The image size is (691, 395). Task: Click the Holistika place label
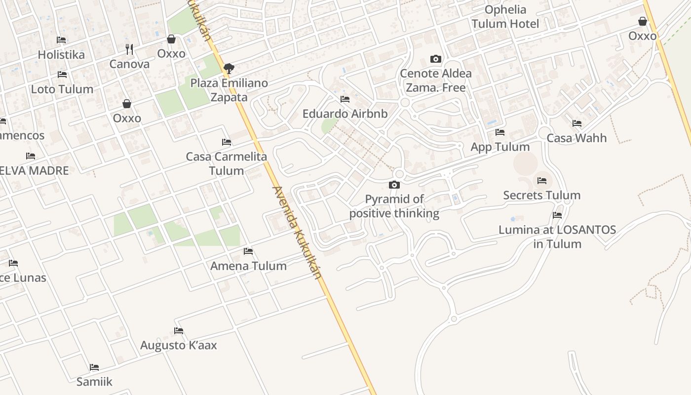pos(61,54)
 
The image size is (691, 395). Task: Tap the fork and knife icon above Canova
pos(129,49)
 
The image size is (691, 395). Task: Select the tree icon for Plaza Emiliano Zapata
pos(229,69)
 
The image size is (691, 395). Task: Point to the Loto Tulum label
pos(62,89)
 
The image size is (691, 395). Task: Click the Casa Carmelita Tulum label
pos(227,163)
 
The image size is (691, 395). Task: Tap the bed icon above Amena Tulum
pos(248,251)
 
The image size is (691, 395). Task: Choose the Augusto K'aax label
pos(179,345)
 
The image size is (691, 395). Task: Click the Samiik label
pos(94,382)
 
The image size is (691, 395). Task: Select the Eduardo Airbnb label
pos(345,114)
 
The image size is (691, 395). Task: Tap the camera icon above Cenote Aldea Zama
pos(435,59)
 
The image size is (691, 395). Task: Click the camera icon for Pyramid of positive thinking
pos(394,185)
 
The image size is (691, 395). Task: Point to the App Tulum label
pos(500,147)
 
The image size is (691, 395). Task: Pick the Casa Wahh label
pos(576,138)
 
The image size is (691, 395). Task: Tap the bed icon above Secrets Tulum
pos(542,181)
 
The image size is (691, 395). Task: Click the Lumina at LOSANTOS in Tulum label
pos(557,237)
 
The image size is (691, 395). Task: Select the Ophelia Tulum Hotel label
pos(505,17)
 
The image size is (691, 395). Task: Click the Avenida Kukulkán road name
pos(297,232)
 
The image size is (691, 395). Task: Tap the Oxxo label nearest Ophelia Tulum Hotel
pos(643,36)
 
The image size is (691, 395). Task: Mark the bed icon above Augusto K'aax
pos(179,331)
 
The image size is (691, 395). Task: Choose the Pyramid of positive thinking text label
pos(394,206)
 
